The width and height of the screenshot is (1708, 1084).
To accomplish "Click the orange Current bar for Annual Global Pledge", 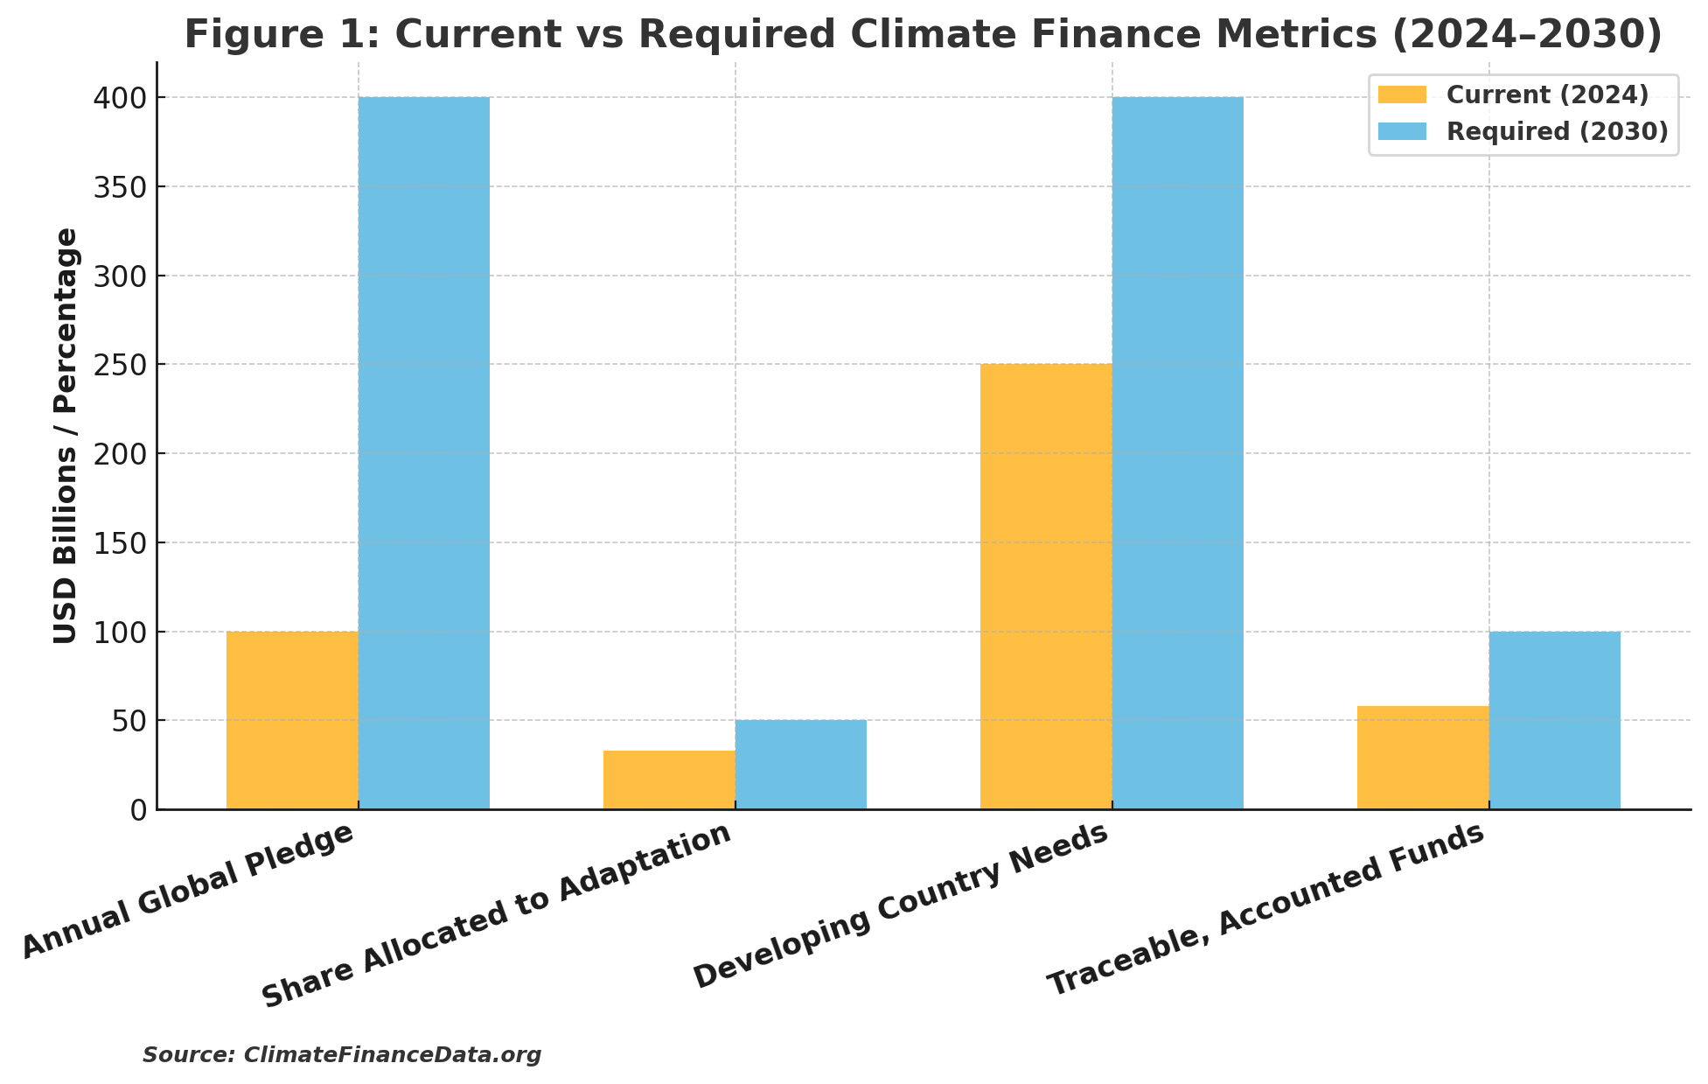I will [x=292, y=720].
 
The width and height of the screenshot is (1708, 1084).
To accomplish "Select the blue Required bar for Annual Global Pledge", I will [x=424, y=453].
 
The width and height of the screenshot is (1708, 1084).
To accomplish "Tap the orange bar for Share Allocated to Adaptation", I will [x=669, y=780].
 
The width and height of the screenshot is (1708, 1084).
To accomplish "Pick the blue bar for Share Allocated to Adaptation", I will [x=801, y=765].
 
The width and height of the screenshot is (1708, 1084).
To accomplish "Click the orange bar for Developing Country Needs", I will [x=1046, y=586].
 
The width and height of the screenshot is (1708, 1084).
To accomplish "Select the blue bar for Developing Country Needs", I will [x=1178, y=453].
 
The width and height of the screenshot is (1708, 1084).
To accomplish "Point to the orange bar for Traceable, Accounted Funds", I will [x=1423, y=758].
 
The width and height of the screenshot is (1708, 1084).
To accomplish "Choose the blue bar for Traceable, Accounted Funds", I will [x=1555, y=720].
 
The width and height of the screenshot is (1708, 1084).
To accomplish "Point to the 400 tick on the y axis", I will [x=121, y=98].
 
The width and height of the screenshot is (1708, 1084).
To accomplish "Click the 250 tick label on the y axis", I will [x=121, y=365].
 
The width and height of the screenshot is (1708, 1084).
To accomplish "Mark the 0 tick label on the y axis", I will [x=139, y=810].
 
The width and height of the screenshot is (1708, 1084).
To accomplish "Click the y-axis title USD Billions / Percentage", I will [x=66, y=436].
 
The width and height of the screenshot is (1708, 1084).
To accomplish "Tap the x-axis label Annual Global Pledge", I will [x=188, y=890].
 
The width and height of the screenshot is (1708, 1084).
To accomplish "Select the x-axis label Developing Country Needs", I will [x=901, y=906].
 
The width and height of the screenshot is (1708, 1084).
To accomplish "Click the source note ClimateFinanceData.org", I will [x=342, y=1055].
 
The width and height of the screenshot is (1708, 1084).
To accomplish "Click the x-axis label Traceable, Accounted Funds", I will [x=1266, y=909].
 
